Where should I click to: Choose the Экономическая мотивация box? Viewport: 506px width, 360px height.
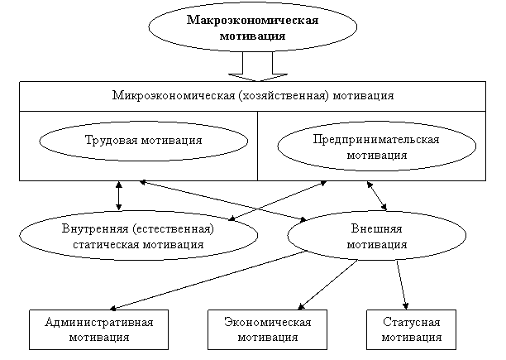pos(267,329)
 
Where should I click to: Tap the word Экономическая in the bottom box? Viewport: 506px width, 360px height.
pos(267,321)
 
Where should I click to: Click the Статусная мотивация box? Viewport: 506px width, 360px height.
pos(411,329)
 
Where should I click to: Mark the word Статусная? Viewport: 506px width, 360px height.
pos(411,321)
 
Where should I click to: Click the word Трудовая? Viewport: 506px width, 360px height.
pos(110,141)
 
